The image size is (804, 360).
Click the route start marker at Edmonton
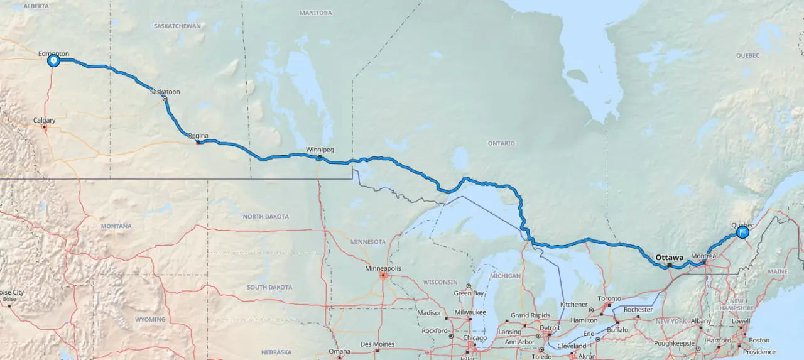pyautogui.click(x=53, y=61)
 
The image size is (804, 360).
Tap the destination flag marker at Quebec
pyautogui.click(x=742, y=232)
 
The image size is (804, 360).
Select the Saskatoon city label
pyautogui.click(x=165, y=92)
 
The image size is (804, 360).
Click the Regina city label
pyautogui.click(x=198, y=135)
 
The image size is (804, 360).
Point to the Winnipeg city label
pyautogui.click(x=320, y=150)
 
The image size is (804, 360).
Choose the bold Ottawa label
pyautogui.click(x=669, y=258)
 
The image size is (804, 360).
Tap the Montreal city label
pyautogui.click(x=703, y=256)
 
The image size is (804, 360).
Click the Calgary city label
pyautogui.click(x=45, y=120)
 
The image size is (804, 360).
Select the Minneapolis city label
pyautogui.click(x=383, y=268)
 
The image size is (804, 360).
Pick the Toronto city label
pyautogui.click(x=609, y=299)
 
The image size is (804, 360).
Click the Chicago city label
pyautogui.click(x=475, y=338)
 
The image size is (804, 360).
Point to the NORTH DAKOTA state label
pyautogui.click(x=266, y=217)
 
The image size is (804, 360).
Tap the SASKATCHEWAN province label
pyautogui.click(x=177, y=26)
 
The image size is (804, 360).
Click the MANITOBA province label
pyautogui.click(x=315, y=13)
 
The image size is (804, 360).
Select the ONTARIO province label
pyautogui.click(x=501, y=143)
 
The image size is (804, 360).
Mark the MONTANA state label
pyautogui.click(x=116, y=226)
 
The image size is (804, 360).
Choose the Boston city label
pyautogui.click(x=759, y=341)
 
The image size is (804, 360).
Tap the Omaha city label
pyautogui.click(x=339, y=351)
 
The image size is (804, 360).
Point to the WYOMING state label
pyautogui.click(x=150, y=319)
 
